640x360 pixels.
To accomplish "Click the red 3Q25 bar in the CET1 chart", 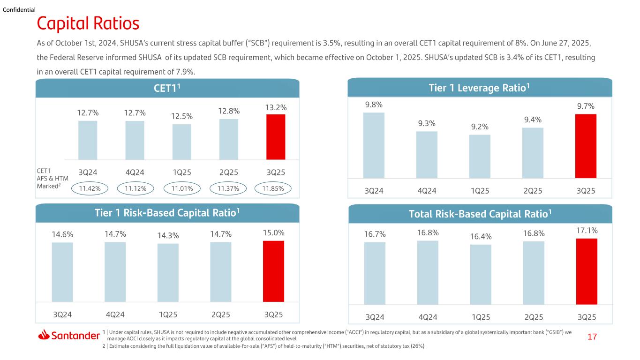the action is [x=276, y=137].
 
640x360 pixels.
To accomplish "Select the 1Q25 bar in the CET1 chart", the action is [x=182, y=142].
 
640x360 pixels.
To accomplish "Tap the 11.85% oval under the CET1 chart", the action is [x=273, y=188].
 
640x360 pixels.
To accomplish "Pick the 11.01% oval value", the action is [x=182, y=188].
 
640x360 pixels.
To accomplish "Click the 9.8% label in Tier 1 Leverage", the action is [x=374, y=105].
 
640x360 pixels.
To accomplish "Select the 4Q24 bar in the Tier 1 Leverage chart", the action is [x=427, y=155].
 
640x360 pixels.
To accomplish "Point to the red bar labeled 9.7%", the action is [x=586, y=146].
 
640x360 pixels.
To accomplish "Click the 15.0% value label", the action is [x=274, y=233].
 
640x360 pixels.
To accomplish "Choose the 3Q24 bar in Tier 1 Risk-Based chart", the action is [x=62, y=272].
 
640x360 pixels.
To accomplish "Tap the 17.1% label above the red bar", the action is [x=587, y=230].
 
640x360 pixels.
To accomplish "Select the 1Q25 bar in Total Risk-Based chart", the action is [x=481, y=275].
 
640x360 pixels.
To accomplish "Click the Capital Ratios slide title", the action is [x=88, y=23].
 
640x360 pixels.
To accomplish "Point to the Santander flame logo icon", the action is [x=44, y=335].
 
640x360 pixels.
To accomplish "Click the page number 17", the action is [x=592, y=337].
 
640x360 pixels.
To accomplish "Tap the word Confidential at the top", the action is [x=19, y=10].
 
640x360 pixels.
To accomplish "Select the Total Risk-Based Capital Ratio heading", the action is [x=480, y=214].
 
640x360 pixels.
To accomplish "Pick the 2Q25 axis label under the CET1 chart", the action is [x=229, y=172].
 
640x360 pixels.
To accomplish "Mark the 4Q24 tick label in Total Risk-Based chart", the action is [x=428, y=317].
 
